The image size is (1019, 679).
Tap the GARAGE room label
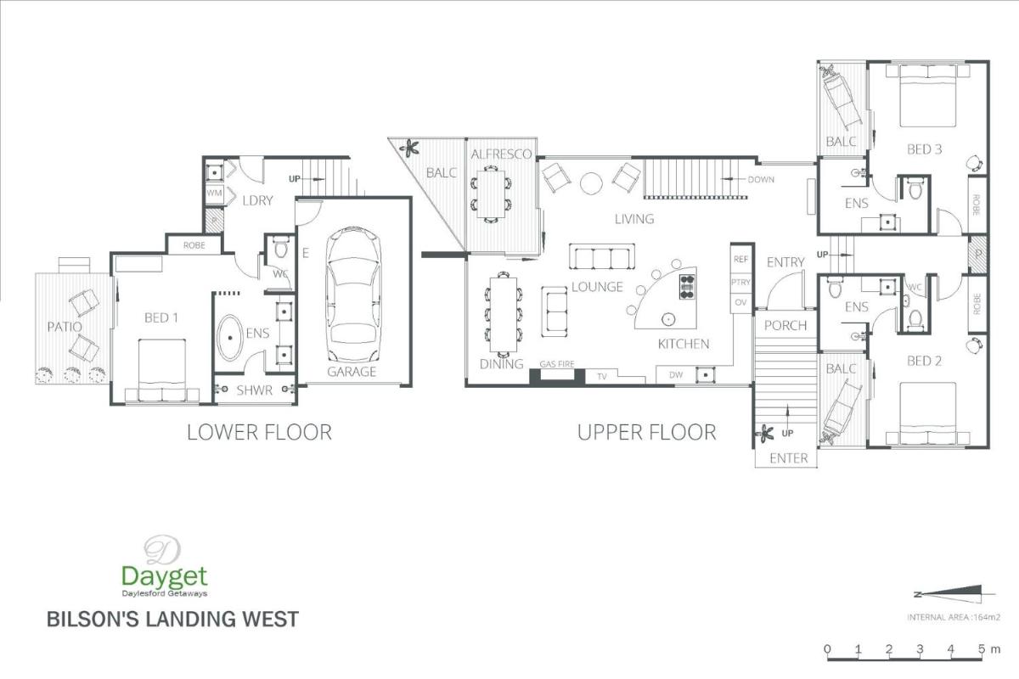(x=352, y=372)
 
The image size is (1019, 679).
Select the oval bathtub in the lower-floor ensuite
(x=230, y=338)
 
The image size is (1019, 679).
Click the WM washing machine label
(x=214, y=193)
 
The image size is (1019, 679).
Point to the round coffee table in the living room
(x=591, y=183)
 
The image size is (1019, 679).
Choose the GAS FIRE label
(x=557, y=364)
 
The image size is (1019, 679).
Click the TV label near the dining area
(x=602, y=376)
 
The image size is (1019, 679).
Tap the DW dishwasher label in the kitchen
(x=676, y=375)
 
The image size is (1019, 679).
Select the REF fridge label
(x=740, y=259)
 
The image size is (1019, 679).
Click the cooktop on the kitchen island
(x=687, y=287)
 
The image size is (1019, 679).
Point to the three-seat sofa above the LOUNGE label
(x=602, y=257)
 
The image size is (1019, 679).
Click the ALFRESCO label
(x=501, y=154)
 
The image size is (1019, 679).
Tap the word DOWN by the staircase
(x=761, y=180)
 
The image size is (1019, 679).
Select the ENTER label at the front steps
(x=789, y=458)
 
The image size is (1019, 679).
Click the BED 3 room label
(x=925, y=149)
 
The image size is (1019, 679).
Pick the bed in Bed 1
(x=162, y=370)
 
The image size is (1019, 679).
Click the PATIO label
(x=65, y=327)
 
